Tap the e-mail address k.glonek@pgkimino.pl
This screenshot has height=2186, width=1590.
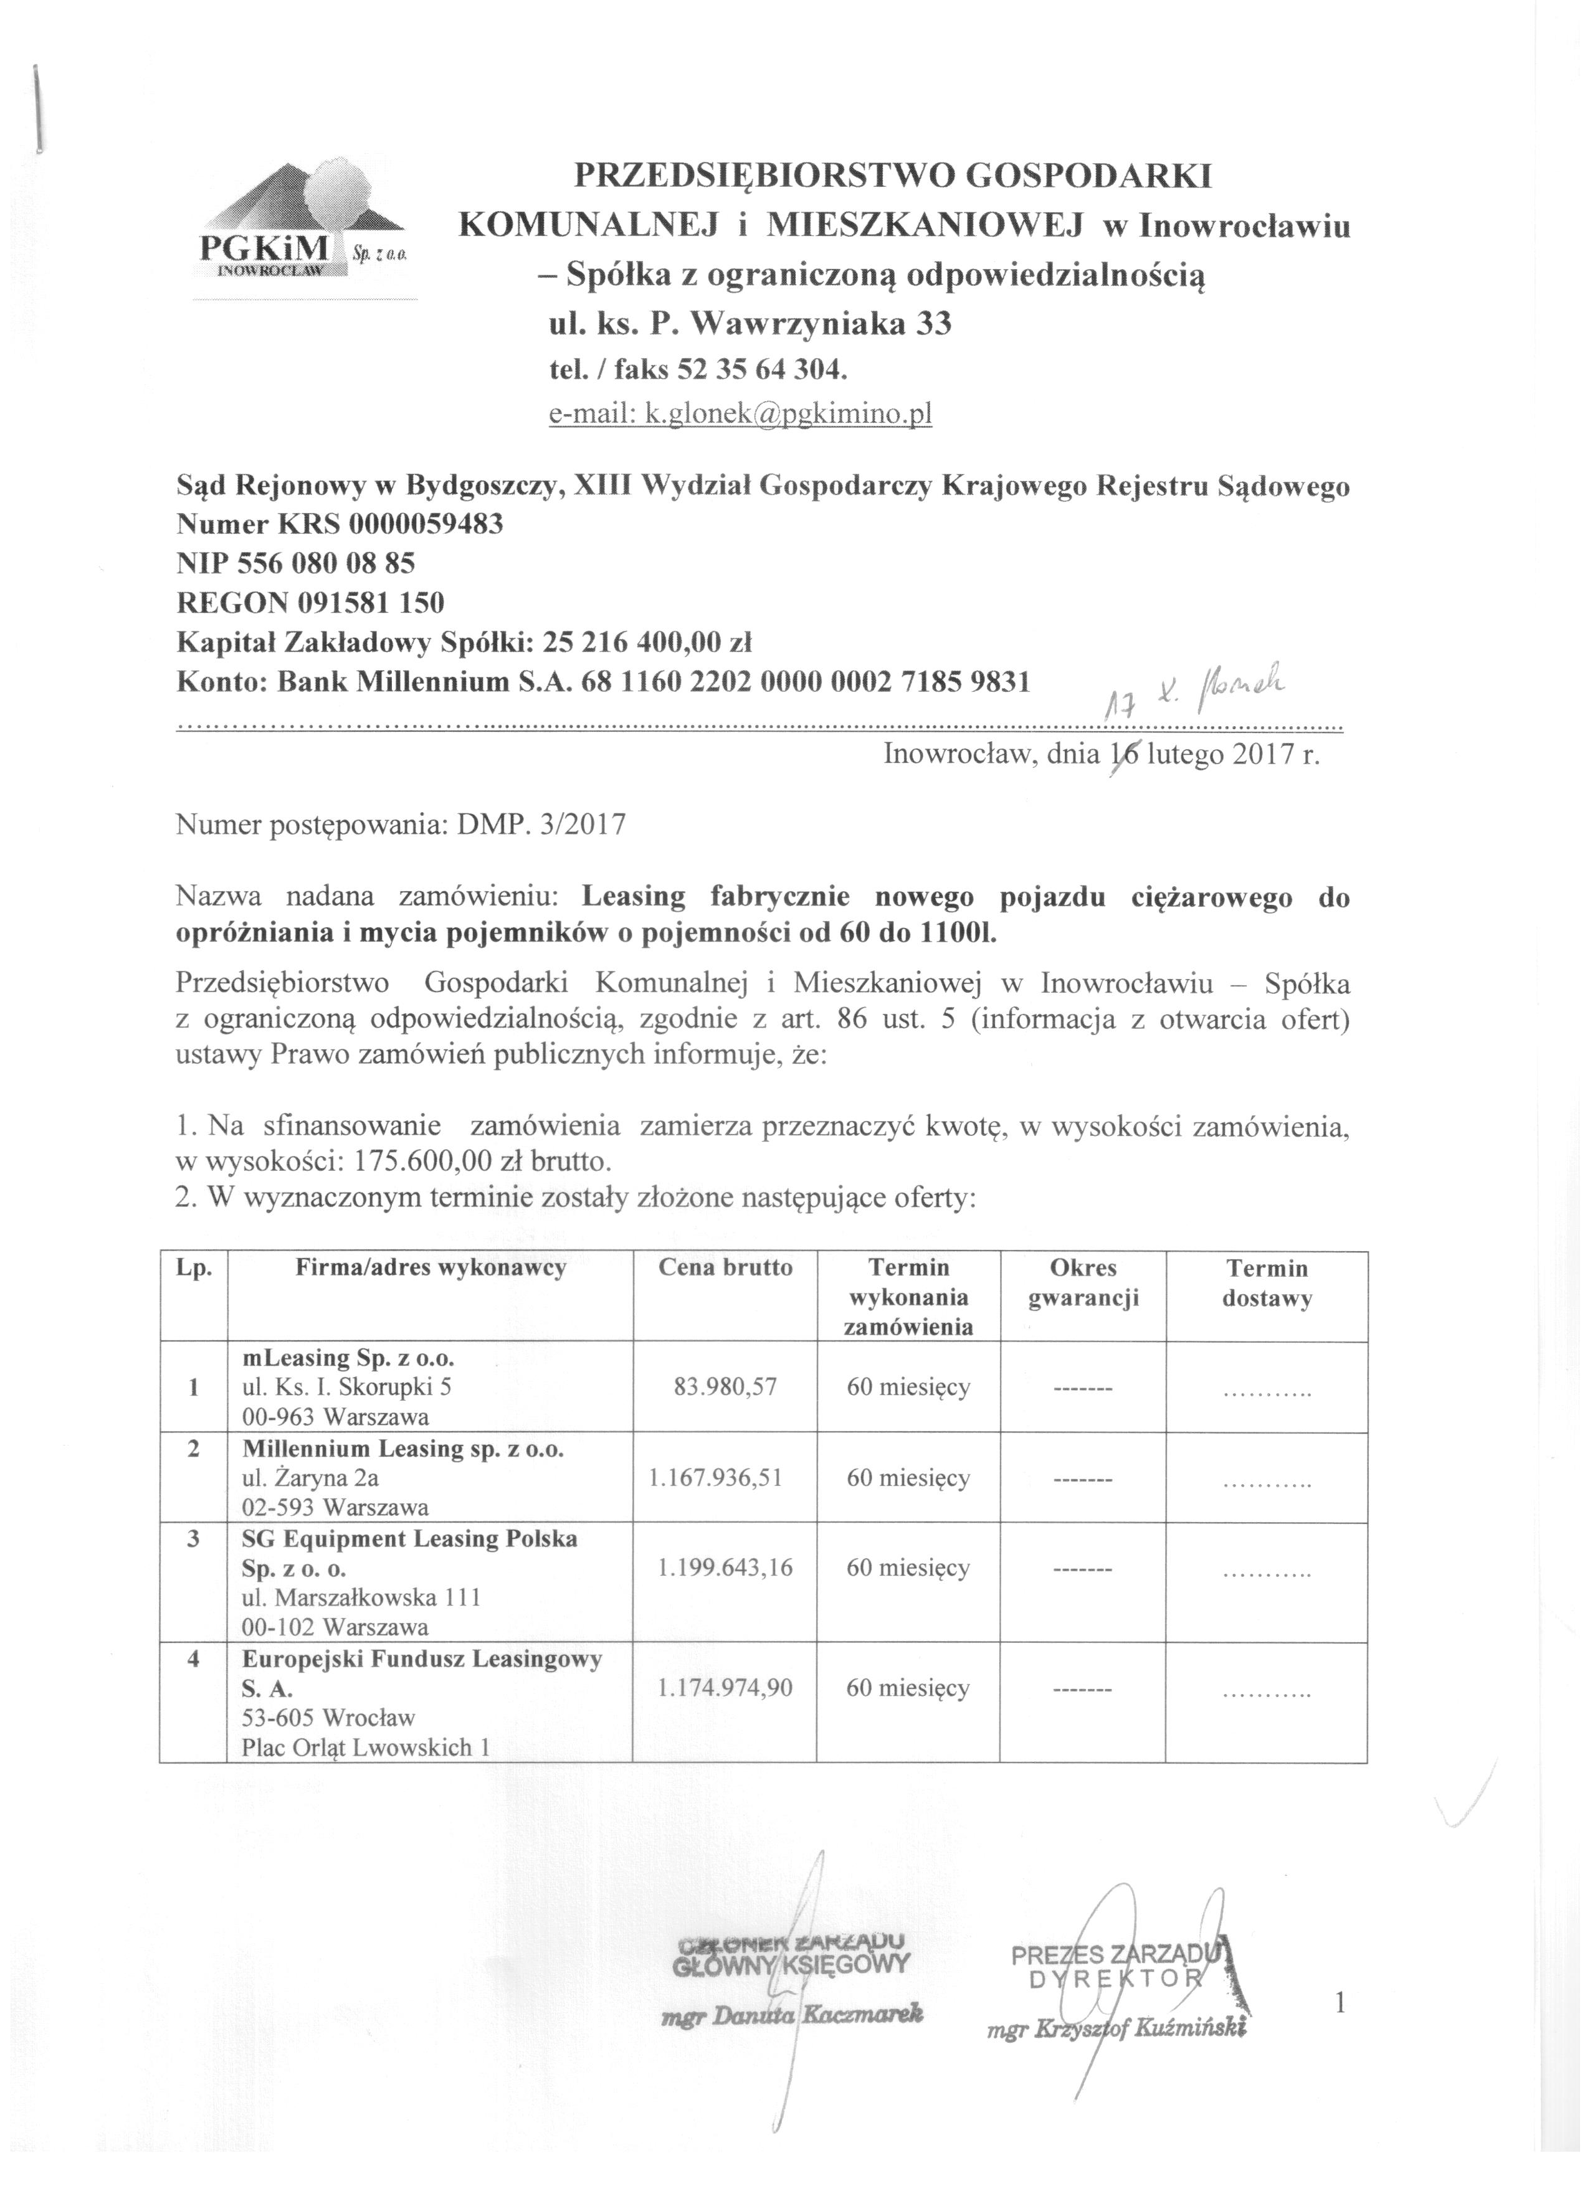[x=788, y=414]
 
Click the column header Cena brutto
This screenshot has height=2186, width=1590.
[x=725, y=1267]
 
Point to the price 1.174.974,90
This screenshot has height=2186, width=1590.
[x=725, y=1688]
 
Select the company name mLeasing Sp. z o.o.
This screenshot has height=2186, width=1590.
[x=348, y=1358]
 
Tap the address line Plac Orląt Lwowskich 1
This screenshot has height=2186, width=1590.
[x=361, y=1748]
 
